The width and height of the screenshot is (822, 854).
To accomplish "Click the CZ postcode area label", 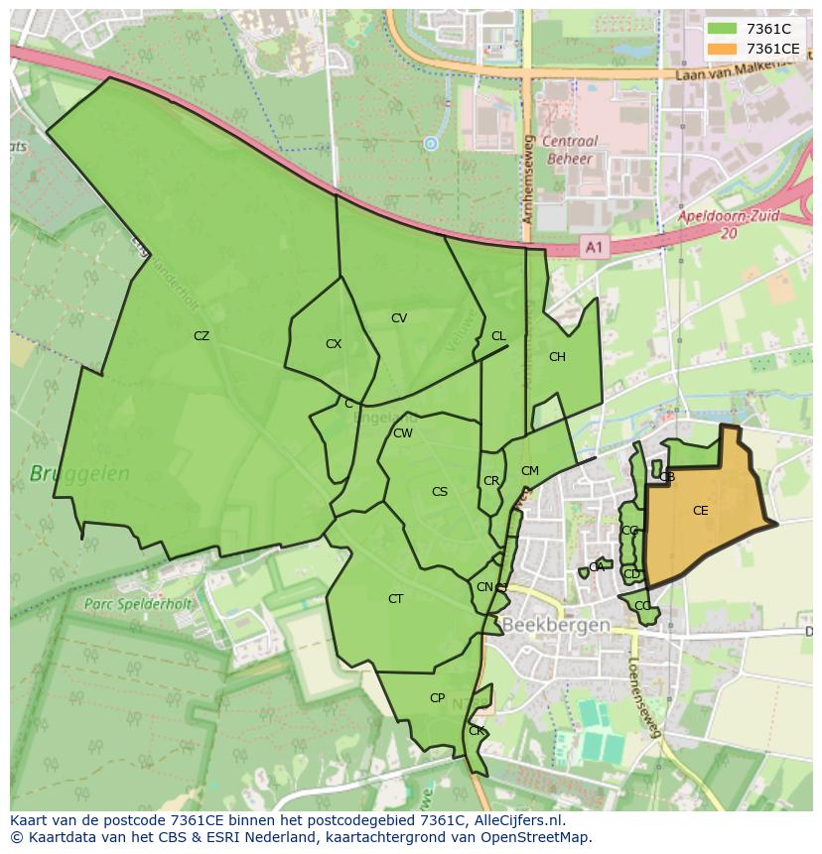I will pyautogui.click(x=202, y=336).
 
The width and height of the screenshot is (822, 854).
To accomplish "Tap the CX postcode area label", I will pyautogui.click(x=334, y=344).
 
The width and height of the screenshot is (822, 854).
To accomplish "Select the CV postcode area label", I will pyautogui.click(x=399, y=318).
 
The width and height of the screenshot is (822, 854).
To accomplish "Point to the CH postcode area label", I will pyautogui.click(x=557, y=357).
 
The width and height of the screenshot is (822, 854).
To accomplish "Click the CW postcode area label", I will pyautogui.click(x=402, y=433).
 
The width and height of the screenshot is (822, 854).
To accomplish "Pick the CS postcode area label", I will pyautogui.click(x=440, y=492).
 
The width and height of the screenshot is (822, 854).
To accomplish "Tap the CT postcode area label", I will pyautogui.click(x=396, y=599).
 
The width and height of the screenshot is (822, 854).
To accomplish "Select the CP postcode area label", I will pyautogui.click(x=437, y=698).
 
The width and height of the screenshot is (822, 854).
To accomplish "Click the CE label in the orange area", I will pyautogui.click(x=701, y=511).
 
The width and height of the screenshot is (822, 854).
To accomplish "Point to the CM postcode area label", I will pyautogui.click(x=530, y=471).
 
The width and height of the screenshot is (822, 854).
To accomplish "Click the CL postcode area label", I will pyautogui.click(x=498, y=336).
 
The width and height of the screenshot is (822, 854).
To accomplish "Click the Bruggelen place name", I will pyautogui.click(x=79, y=474).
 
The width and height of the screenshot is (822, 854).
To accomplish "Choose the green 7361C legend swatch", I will pyautogui.click(x=723, y=30).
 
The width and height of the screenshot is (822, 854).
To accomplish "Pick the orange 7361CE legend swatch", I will pyautogui.click(x=723, y=49).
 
